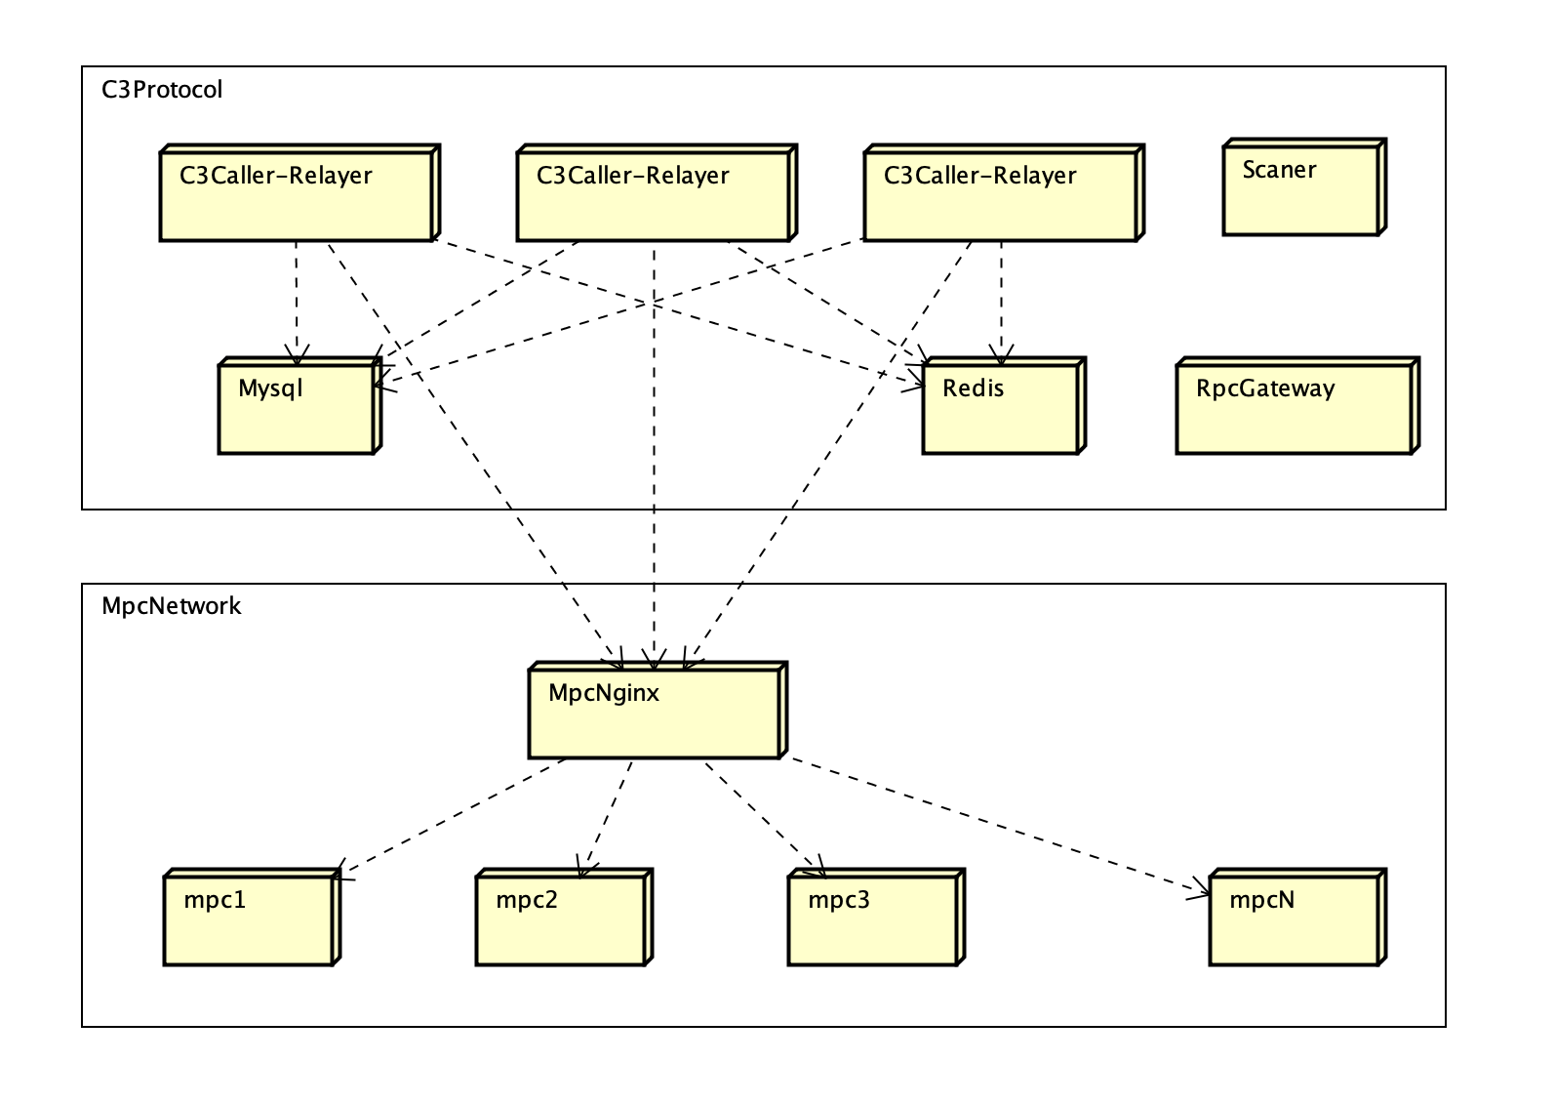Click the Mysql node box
(297, 408)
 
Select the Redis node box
(1001, 408)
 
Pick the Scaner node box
(1301, 189)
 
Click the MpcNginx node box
(654, 713)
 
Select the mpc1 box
(249, 919)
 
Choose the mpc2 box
(561, 919)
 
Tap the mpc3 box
(873, 919)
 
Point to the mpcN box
(1295, 919)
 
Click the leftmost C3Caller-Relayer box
(297, 195)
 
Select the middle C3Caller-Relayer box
(654, 195)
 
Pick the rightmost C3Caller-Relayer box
(1001, 195)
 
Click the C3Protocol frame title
(162, 90)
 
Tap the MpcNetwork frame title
(171, 606)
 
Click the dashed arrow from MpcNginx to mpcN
(995, 825)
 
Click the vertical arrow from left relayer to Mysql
(297, 298)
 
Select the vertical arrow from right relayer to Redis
(1001, 298)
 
